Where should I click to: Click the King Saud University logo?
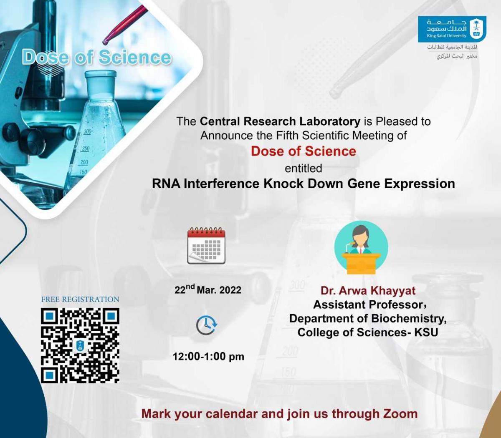pyautogui.click(x=452, y=29)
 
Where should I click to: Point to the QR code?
pyautogui.click(x=80, y=345)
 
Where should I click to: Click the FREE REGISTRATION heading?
pyautogui.click(x=80, y=299)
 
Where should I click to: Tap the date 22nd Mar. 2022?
pyautogui.click(x=208, y=289)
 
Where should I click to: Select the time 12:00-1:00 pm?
pyautogui.click(x=208, y=357)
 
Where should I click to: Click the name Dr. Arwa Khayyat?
pyautogui.click(x=368, y=291)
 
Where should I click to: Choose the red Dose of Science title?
pyautogui.click(x=304, y=151)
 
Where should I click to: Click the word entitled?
pyautogui.click(x=304, y=169)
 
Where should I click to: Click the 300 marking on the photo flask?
pyautogui.click(x=88, y=132)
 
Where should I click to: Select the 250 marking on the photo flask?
pyautogui.click(x=86, y=149)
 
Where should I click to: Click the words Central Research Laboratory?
pyautogui.click(x=280, y=121)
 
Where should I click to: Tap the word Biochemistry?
pyautogui.click(x=409, y=319)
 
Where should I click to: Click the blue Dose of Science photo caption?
pyautogui.click(x=96, y=57)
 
